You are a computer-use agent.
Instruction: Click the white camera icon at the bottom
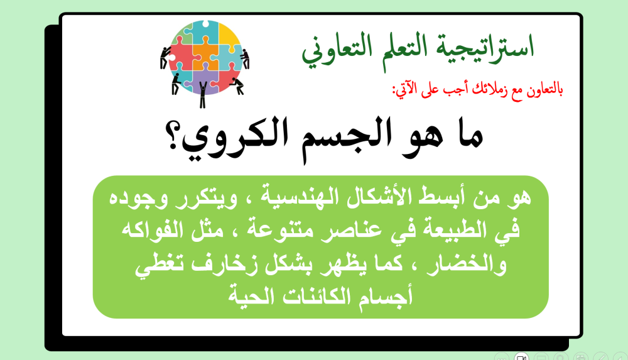pyautogui.click(x=520, y=356)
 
